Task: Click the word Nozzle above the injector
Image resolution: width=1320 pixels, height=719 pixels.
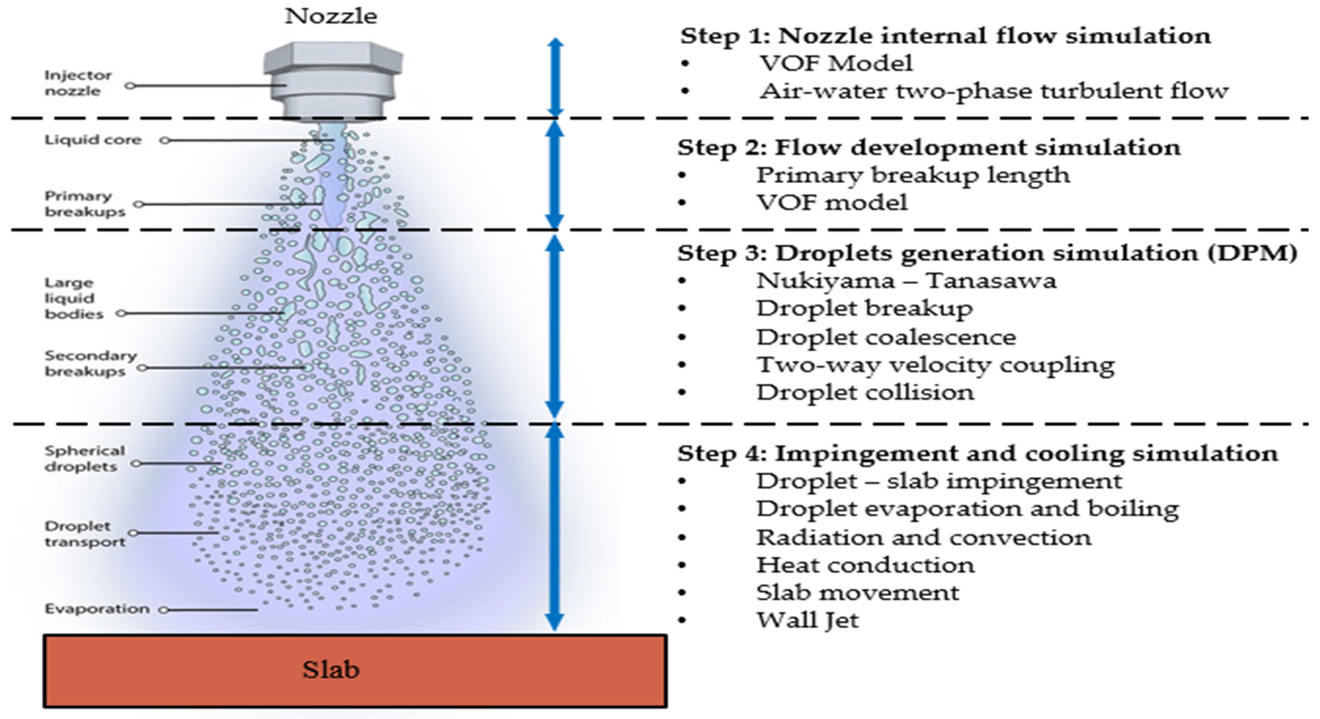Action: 331,16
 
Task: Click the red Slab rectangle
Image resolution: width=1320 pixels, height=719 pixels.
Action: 355,671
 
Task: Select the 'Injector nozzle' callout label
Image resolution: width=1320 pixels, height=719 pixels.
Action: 78,83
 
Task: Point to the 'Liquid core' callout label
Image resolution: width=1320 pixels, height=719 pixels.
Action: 93,140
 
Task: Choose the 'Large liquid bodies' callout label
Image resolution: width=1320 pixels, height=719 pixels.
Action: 74,298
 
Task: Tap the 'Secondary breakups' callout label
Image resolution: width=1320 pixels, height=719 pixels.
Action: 90,363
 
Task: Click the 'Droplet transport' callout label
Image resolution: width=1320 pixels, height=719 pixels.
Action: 85,534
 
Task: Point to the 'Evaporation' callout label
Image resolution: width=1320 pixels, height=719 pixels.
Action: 97,609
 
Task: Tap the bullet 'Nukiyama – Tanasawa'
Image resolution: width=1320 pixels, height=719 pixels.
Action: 906,281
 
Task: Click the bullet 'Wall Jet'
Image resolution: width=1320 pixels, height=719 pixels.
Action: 807,620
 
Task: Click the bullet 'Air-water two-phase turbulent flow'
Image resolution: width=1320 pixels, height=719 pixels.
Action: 994,91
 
